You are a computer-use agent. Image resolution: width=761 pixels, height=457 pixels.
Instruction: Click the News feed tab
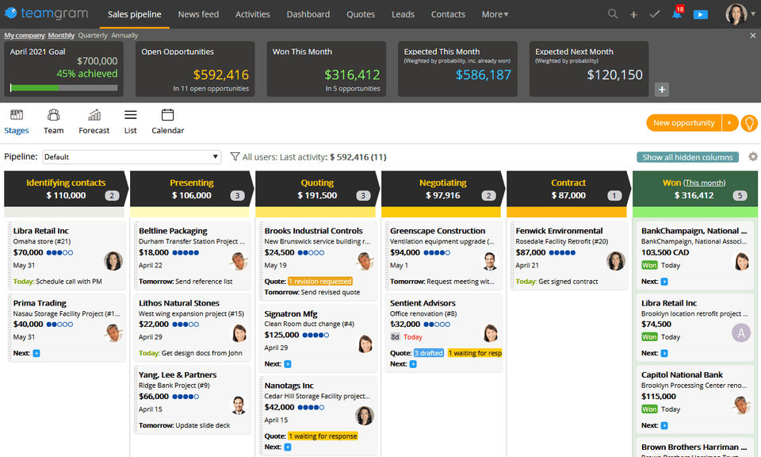[x=198, y=14]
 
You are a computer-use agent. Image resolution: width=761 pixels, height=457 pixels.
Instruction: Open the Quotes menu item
[x=361, y=14]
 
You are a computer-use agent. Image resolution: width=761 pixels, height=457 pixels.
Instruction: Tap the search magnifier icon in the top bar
[x=613, y=14]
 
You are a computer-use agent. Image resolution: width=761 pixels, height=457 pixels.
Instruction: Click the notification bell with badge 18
[x=677, y=14]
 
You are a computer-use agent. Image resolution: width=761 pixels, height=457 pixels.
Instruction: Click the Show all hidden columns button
[x=687, y=157]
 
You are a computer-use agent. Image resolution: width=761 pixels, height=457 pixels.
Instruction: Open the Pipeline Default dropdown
[x=132, y=157]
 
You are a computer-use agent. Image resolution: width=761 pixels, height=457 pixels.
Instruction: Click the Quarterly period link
[x=93, y=36]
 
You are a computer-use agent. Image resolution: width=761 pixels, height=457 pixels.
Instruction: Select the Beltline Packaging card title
[x=173, y=231]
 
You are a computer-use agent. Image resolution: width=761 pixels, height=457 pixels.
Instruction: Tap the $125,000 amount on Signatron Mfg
[x=283, y=335]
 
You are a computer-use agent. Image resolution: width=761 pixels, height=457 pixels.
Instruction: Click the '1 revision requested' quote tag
[x=319, y=281]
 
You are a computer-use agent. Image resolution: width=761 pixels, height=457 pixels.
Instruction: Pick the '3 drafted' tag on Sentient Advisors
[x=428, y=353]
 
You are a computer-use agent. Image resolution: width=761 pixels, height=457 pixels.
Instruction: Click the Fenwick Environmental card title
[x=559, y=231]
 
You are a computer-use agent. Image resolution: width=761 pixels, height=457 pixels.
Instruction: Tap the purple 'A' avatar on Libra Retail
[x=741, y=332]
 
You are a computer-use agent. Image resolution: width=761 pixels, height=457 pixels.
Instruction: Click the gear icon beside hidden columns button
[x=752, y=157]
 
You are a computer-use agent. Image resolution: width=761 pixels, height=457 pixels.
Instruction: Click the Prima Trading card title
[x=40, y=303]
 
